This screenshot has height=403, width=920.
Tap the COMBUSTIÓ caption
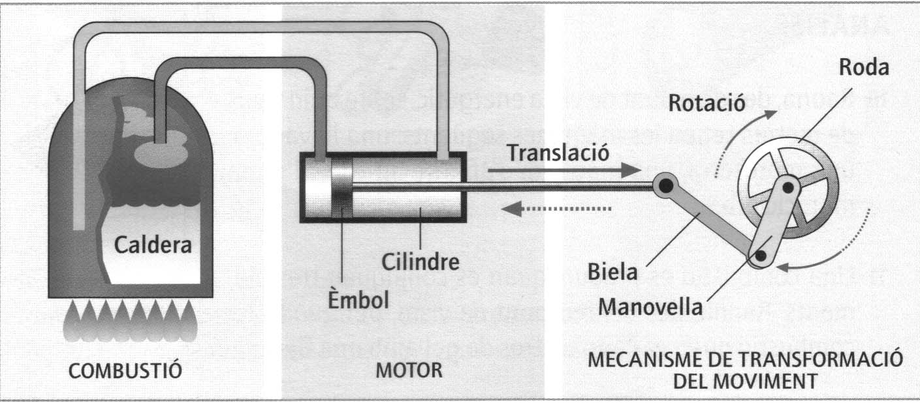tap(125, 371)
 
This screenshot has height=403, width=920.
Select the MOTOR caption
tap(409, 371)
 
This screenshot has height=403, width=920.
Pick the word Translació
tap(559, 155)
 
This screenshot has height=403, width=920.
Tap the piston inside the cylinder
tap(340, 188)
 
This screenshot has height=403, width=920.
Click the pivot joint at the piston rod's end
tap(665, 187)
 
